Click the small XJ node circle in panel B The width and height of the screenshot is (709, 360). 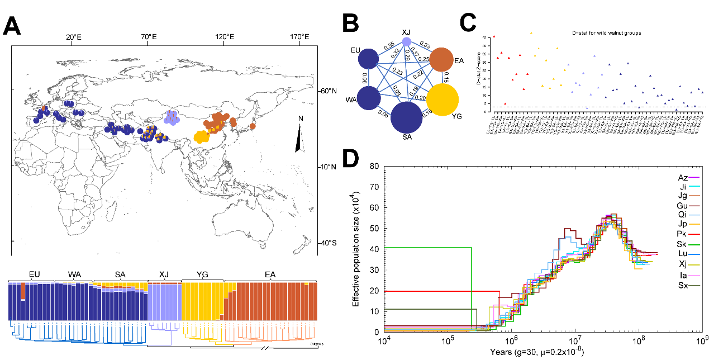coord(407,41)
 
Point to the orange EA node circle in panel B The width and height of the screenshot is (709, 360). coord(445,60)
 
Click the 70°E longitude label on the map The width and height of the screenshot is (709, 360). coord(149,37)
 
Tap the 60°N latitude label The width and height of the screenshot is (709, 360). coord(328,91)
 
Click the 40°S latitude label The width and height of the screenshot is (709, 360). coord(328,243)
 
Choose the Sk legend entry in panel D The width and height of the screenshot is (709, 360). coord(682,244)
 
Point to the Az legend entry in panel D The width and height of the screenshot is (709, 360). coord(682,177)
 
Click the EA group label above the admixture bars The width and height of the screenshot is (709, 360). coord(270,274)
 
